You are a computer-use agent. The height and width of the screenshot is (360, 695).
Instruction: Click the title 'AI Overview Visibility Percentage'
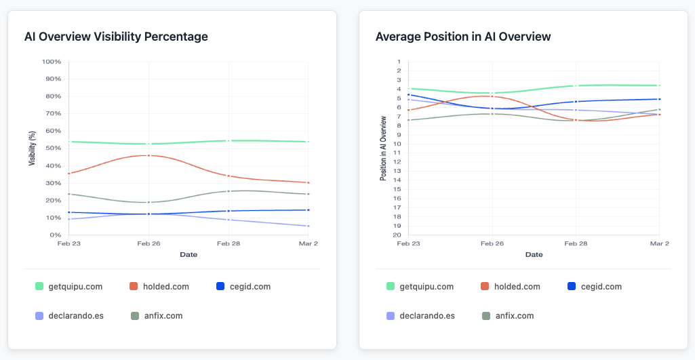[x=116, y=37]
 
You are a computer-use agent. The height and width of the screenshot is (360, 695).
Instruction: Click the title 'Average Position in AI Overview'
[x=463, y=37]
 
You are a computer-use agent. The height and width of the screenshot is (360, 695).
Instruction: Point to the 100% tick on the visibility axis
[x=52, y=62]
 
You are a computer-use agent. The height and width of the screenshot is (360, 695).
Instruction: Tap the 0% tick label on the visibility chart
[x=56, y=235]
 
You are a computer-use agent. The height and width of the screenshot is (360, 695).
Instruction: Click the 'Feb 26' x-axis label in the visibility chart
[x=148, y=243]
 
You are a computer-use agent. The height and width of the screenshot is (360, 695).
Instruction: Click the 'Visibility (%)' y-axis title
[x=32, y=148]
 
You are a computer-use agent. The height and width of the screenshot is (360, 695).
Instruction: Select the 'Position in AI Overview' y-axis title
[x=383, y=148]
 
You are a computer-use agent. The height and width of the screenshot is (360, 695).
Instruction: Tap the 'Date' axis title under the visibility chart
[x=188, y=255]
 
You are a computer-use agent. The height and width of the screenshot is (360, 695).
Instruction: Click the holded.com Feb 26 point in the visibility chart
[x=148, y=155]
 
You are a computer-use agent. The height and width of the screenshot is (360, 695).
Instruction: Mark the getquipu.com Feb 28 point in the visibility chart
[x=229, y=141]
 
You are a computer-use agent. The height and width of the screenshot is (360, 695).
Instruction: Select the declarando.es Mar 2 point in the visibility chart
[x=309, y=226]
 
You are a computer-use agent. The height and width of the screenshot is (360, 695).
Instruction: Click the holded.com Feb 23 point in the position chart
[x=404, y=110]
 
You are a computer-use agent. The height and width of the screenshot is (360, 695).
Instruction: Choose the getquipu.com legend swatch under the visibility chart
[x=39, y=287]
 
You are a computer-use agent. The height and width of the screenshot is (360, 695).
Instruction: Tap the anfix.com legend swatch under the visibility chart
[x=135, y=316]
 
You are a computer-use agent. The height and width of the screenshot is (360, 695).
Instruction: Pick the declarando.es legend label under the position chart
[x=427, y=316]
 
